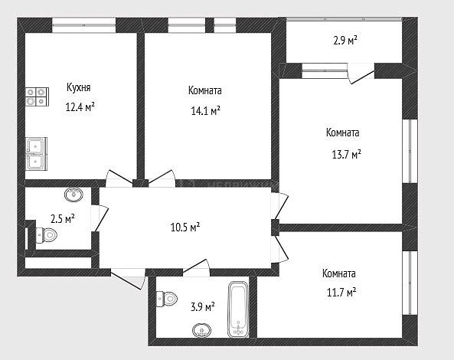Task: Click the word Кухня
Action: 78,87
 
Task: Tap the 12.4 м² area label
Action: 80,107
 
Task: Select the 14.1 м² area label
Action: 206,110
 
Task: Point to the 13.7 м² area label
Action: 346,154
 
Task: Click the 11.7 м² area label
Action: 341,293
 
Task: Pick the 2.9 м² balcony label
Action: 345,41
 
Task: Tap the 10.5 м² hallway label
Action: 185,227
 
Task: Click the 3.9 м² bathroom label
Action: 203,306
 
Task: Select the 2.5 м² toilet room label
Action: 63,218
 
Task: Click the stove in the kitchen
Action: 37,97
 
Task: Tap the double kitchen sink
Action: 36,153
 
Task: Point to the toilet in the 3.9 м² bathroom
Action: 167,299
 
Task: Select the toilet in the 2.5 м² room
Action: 47,235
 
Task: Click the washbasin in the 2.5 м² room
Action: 73,195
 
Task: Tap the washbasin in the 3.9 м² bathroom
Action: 201,330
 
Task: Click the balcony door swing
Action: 361,74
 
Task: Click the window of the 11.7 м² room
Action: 410,283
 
